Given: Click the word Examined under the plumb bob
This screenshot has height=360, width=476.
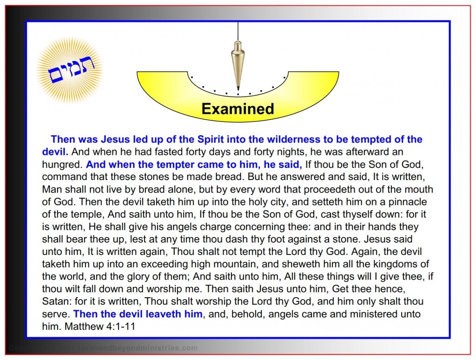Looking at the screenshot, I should pyautogui.click(x=238, y=109).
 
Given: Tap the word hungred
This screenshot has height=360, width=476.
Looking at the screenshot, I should pyautogui.click(x=61, y=164).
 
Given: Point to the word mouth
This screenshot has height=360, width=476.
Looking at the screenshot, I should pyautogui.click(x=417, y=189).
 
